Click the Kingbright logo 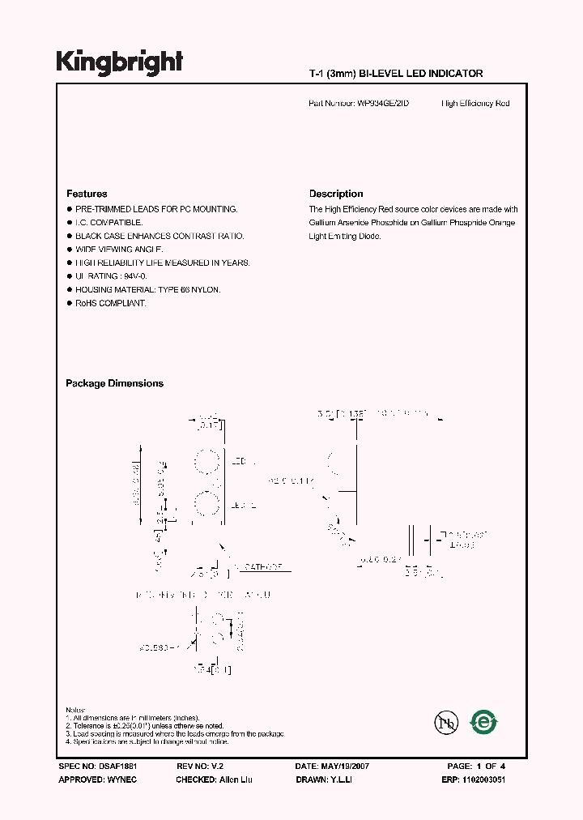tap(119, 62)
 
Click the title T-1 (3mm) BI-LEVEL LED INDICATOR tap(396, 74)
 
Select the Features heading tap(87, 194)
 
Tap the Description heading tap(336, 194)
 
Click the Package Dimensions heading tap(114, 383)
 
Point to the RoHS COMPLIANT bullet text tap(111, 303)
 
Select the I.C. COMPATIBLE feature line tap(109, 222)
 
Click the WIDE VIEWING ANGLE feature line tap(119, 250)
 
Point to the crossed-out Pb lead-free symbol tap(443, 720)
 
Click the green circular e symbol tap(484, 720)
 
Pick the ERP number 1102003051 tap(484, 779)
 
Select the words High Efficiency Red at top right tap(475, 104)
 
